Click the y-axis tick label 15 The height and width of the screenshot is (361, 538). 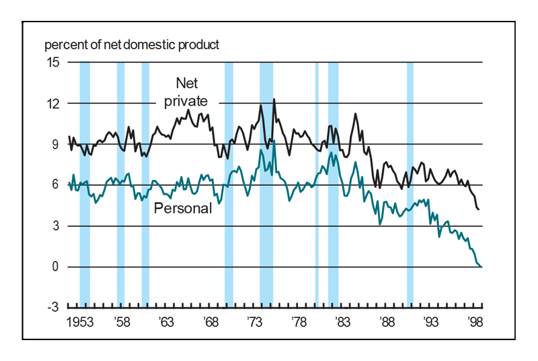[x=52, y=63]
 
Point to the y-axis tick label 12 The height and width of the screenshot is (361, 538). [x=52, y=104]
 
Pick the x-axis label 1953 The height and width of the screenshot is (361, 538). [x=81, y=321]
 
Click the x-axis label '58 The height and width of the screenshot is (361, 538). [x=122, y=321]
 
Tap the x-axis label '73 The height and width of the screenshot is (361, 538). [x=254, y=321]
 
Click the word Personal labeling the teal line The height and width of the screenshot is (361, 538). [x=183, y=208]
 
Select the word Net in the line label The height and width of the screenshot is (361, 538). [x=188, y=83]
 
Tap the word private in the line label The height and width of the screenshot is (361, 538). [x=186, y=100]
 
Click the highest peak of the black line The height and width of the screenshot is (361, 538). [x=274, y=100]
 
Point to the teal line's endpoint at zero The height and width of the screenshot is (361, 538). [x=482, y=267]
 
